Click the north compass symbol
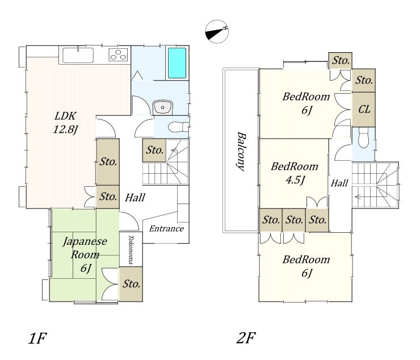click(x=217, y=31)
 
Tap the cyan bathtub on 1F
click(x=177, y=63)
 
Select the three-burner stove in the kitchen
click(x=118, y=55)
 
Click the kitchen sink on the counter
click(x=78, y=55)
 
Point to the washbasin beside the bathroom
click(x=162, y=107)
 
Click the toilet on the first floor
click(x=178, y=127)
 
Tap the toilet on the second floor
click(x=363, y=137)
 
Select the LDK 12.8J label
click(x=66, y=123)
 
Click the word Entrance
click(x=166, y=229)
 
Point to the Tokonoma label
click(x=131, y=250)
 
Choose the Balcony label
click(x=241, y=151)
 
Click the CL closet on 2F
click(x=363, y=110)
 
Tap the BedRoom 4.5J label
click(x=295, y=173)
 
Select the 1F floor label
click(x=37, y=338)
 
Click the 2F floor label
click(x=246, y=338)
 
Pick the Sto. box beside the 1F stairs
click(x=154, y=150)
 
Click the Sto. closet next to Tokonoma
click(x=131, y=284)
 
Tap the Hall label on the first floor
click(x=135, y=198)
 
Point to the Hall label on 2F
click(x=339, y=183)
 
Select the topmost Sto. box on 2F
click(x=340, y=61)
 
